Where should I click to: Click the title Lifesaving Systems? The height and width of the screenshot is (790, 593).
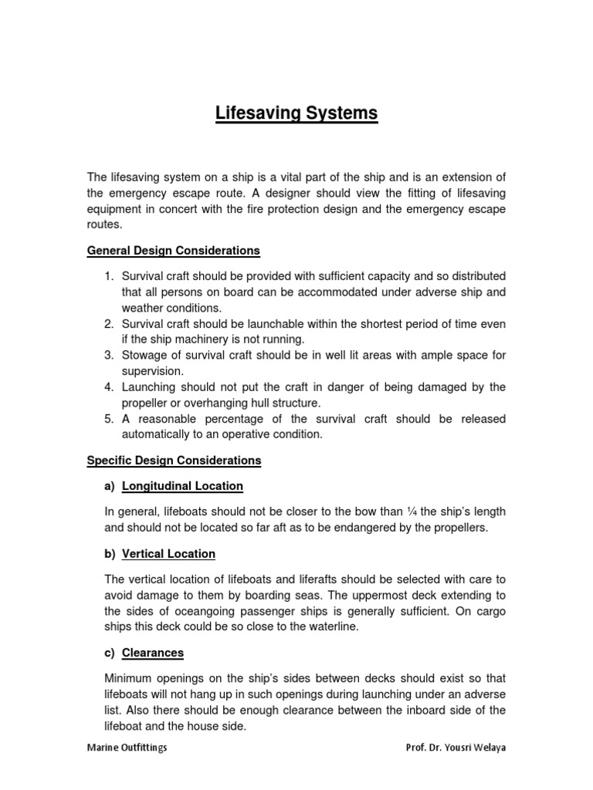(x=296, y=114)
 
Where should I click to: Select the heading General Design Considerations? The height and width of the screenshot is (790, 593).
(x=174, y=251)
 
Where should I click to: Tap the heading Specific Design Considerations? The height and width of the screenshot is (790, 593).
(x=175, y=461)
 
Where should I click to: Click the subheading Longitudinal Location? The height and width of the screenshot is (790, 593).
(x=182, y=486)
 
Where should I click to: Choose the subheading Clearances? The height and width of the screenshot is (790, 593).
(x=153, y=653)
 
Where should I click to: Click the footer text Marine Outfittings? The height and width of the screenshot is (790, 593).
(x=127, y=748)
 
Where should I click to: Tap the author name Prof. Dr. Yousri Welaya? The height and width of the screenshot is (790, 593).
(x=456, y=748)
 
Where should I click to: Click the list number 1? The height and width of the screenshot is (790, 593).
(x=109, y=276)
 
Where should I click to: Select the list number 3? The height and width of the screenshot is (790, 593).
(x=109, y=355)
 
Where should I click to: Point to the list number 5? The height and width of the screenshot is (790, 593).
(x=109, y=418)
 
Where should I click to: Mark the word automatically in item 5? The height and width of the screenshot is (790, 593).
(x=159, y=434)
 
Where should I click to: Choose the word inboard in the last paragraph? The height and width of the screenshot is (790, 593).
(x=412, y=710)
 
